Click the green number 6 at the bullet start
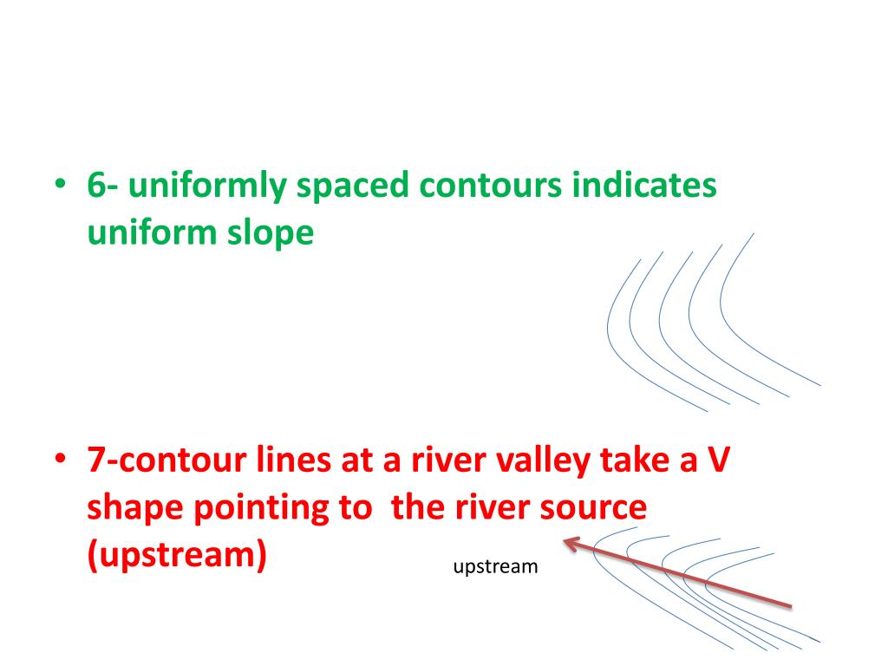96,186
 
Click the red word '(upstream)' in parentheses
176,554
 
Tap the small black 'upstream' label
496,567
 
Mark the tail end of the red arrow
790,604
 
